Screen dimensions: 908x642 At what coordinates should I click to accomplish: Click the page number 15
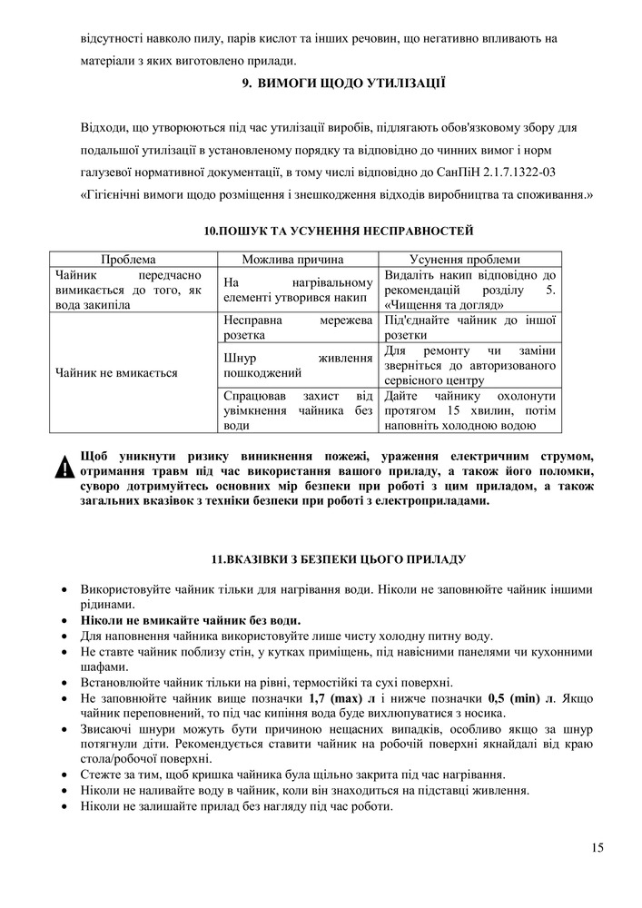596,848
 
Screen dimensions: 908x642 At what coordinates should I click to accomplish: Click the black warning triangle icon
64,469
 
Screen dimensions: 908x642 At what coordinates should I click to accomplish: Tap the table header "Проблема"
128,258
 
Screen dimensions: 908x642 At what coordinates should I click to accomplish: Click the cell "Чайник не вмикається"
116,372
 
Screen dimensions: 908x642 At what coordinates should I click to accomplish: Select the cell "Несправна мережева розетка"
297,328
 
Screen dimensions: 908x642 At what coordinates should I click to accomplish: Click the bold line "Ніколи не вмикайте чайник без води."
191,620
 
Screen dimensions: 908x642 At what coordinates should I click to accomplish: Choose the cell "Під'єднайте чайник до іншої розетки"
470,328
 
